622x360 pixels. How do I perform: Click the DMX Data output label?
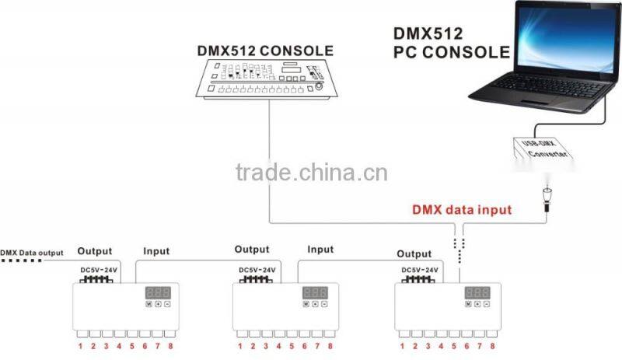tap(32, 252)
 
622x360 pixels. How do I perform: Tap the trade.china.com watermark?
tap(311, 172)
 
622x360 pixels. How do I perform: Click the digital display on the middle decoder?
tap(316, 293)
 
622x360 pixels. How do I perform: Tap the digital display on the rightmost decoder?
tap(477, 293)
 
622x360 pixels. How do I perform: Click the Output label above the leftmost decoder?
tap(95, 251)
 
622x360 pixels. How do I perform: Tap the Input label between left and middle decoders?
tap(156, 251)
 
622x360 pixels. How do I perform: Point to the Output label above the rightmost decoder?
tap(414, 253)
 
